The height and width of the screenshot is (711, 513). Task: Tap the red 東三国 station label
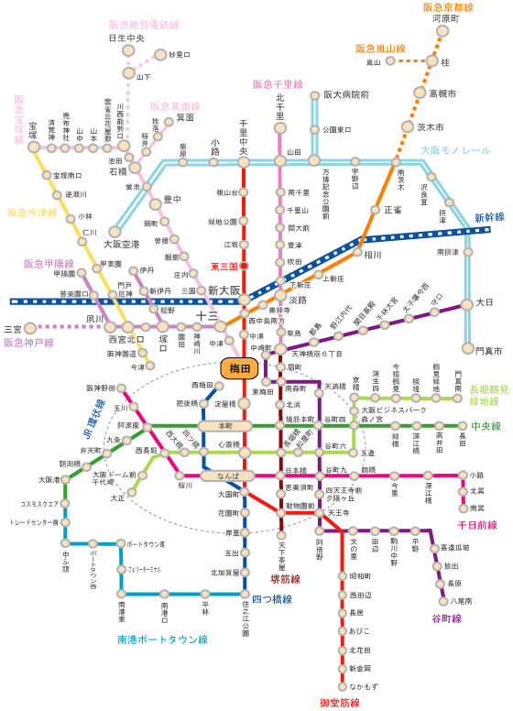[x=224, y=267]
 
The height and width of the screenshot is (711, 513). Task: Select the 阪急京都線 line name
[x=448, y=7]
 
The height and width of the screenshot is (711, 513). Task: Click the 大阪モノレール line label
[x=455, y=149]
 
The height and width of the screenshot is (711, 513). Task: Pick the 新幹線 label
[x=489, y=218]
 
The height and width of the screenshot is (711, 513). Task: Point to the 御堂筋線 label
[x=340, y=703]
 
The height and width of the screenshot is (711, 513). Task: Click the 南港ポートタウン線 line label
[x=163, y=639]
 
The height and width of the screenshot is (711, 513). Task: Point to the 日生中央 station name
[x=126, y=38]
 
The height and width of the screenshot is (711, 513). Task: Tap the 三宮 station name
[x=13, y=328]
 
